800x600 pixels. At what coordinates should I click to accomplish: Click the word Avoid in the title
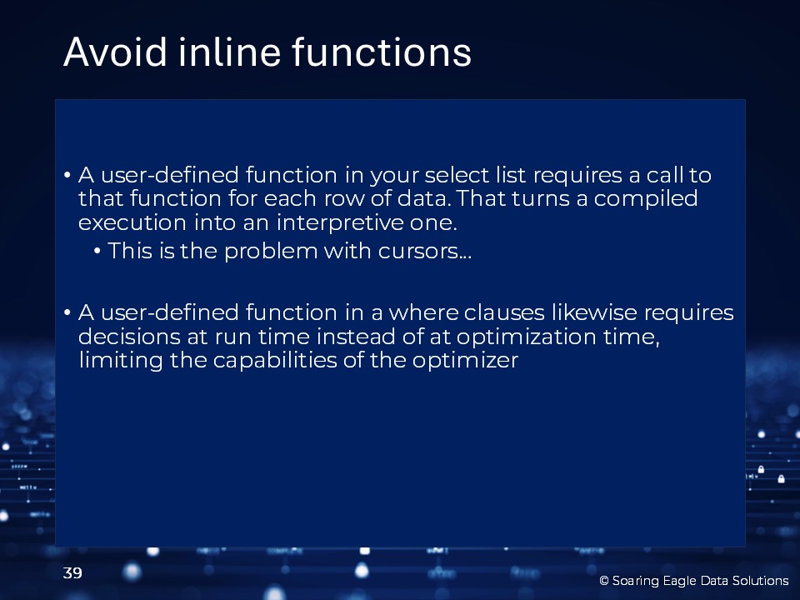115,52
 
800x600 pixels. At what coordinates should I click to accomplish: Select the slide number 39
72,573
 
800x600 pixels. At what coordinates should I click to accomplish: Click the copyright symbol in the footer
604,581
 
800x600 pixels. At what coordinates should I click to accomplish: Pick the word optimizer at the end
465,360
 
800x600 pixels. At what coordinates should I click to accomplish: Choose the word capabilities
275,360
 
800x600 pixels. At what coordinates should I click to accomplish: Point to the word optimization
526,337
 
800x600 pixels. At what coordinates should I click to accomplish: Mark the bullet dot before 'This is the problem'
97,252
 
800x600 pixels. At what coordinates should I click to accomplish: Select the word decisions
129,337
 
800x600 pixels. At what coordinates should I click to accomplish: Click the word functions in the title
382,52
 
